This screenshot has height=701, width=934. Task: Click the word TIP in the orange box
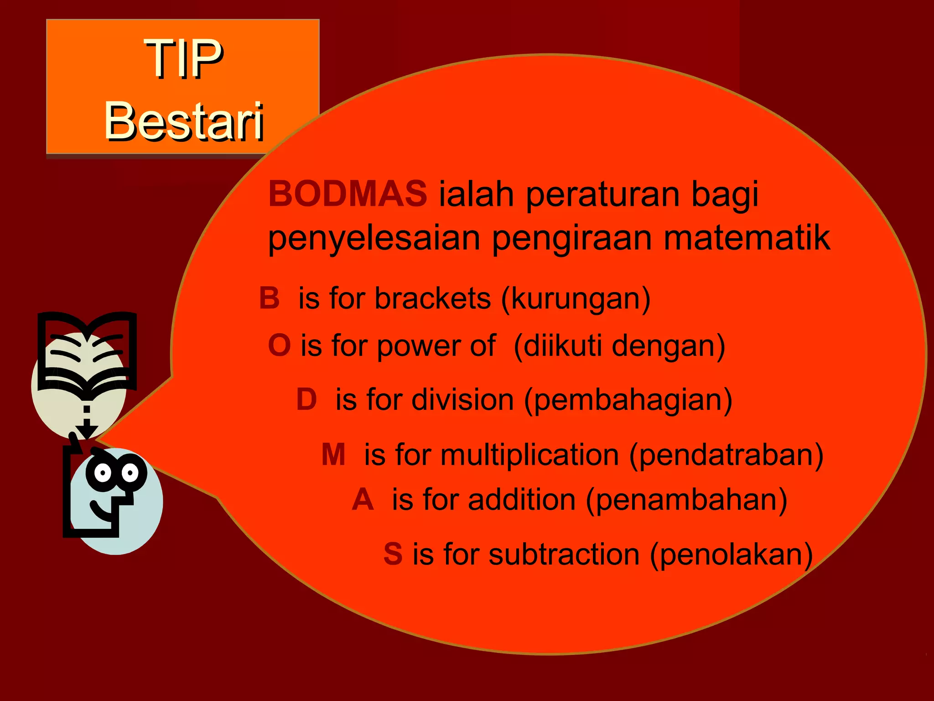pyautogui.click(x=184, y=58)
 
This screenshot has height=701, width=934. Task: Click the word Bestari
pyautogui.click(x=184, y=121)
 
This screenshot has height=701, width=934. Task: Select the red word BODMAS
pyautogui.click(x=348, y=194)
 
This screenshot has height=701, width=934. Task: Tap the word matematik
pyautogui.click(x=747, y=238)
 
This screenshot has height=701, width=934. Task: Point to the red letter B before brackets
pyautogui.click(x=269, y=298)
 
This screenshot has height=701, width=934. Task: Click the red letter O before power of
pyautogui.click(x=279, y=345)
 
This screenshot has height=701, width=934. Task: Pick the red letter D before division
pyautogui.click(x=306, y=399)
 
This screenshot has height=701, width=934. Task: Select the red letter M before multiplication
pyautogui.click(x=333, y=455)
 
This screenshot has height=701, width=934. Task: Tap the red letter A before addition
pyautogui.click(x=363, y=499)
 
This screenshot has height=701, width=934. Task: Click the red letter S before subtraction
pyautogui.click(x=393, y=554)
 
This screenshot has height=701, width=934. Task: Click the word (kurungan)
pyautogui.click(x=576, y=299)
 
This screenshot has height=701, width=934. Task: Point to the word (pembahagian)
pyautogui.click(x=628, y=400)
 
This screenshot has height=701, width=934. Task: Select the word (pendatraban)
pyautogui.click(x=726, y=455)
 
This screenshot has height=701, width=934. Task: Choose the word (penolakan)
pyautogui.click(x=732, y=555)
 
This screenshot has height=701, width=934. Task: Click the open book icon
pyautogui.click(x=87, y=351)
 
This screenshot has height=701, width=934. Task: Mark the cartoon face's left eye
pyautogui.click(x=103, y=472)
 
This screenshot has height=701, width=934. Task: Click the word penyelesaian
pyautogui.click(x=374, y=239)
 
